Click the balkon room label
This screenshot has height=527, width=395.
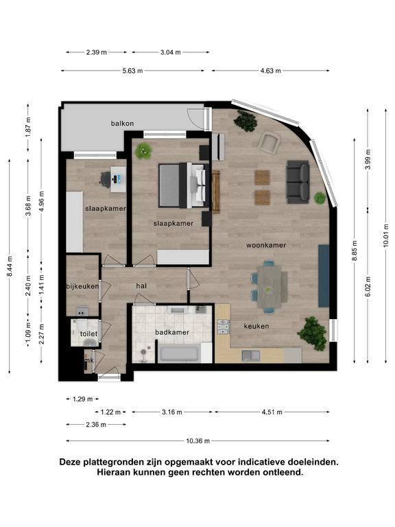click(122, 124)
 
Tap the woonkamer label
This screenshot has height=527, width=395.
click(266, 246)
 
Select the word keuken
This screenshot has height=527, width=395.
click(256, 326)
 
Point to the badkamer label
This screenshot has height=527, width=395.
click(172, 332)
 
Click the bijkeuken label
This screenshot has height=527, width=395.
click(82, 286)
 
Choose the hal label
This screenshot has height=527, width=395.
click(141, 286)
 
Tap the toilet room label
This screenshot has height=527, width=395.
click(88, 333)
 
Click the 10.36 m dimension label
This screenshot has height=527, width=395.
click(197, 441)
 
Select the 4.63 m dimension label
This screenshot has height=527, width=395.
click(271, 71)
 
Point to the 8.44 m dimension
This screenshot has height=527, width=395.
click(10, 266)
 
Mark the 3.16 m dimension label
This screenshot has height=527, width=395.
click(172, 412)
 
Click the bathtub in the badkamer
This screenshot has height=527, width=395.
click(180, 353)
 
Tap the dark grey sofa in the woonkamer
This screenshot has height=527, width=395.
click(298, 182)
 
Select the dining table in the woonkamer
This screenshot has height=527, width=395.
click(270, 286)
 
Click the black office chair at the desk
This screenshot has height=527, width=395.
click(106, 178)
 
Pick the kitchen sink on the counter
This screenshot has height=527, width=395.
click(251, 355)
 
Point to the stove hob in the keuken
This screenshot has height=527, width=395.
click(224, 327)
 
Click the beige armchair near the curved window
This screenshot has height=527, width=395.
click(270, 143)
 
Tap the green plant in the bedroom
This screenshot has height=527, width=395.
click(144, 151)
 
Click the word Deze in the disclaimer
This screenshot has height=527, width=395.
click(70, 462)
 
